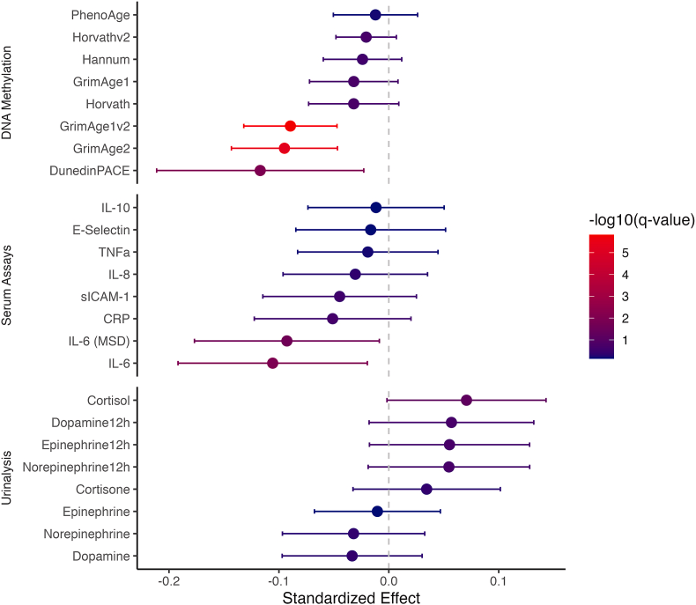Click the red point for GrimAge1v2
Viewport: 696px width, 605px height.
[x=290, y=126]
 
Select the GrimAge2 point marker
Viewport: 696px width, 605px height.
[x=284, y=148]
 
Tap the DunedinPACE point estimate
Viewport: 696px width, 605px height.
[x=260, y=170]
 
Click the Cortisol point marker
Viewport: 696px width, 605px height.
[x=466, y=401]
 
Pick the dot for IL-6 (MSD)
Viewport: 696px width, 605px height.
[x=286, y=341]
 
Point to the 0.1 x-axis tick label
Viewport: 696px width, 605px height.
[x=499, y=582]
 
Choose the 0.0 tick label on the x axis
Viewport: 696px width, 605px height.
[x=389, y=582]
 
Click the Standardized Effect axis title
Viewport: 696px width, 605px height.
[x=350, y=598]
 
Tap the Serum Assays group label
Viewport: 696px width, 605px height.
[x=8, y=284]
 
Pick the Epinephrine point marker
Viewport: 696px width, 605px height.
[x=377, y=512]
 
